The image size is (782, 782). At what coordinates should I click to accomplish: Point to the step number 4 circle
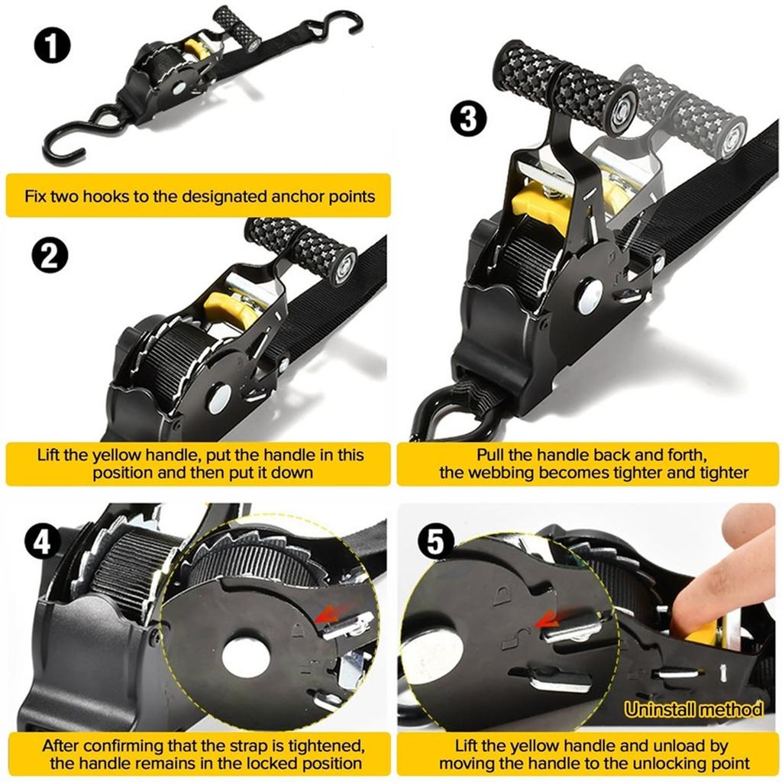pyautogui.click(x=44, y=541)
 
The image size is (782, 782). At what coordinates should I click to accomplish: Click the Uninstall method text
pyautogui.click(x=693, y=709)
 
